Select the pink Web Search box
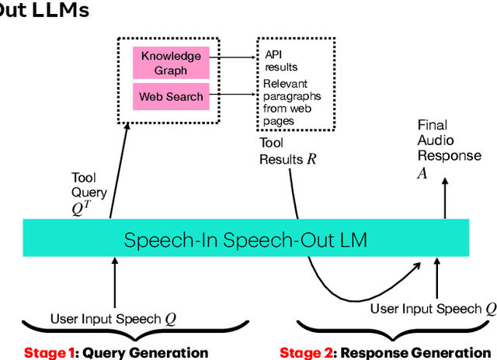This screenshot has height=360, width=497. (171, 97)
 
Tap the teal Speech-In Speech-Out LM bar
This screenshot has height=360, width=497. (245, 240)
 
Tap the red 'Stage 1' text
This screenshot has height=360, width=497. (50, 353)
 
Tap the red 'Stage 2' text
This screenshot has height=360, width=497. (305, 353)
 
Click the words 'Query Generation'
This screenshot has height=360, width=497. (145, 353)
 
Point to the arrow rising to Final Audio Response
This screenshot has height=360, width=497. (445, 198)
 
